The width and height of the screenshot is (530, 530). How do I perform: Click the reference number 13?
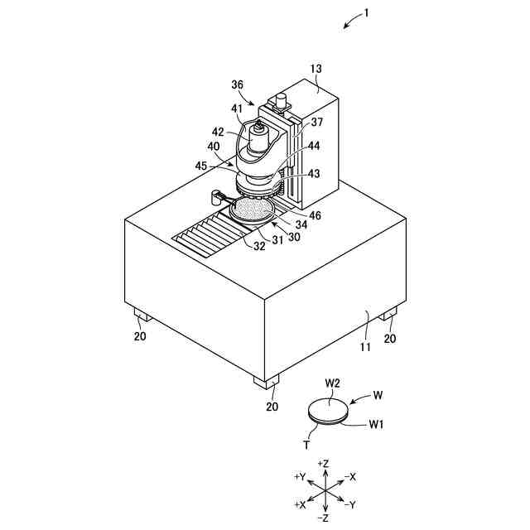(316, 70)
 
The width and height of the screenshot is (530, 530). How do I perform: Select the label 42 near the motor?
(218, 132)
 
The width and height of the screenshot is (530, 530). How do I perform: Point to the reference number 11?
(365, 349)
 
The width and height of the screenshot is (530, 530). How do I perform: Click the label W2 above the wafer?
(333, 383)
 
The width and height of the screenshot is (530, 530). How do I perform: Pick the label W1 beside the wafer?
(377, 425)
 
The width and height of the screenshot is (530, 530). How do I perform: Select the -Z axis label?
(324, 518)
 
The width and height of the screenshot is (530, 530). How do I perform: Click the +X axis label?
(301, 504)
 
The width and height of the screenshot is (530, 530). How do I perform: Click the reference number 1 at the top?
(367, 14)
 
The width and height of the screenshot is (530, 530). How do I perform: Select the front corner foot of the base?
(267, 382)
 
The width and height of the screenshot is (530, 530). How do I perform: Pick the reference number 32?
(258, 246)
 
